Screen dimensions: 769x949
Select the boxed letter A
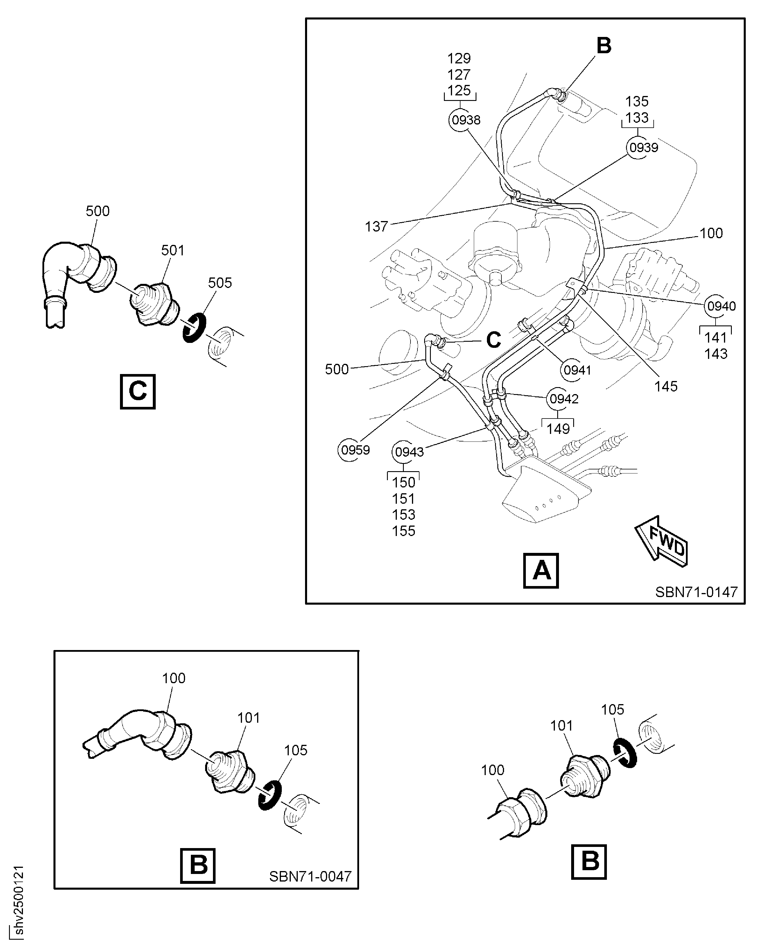541,571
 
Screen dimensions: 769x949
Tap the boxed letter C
138,391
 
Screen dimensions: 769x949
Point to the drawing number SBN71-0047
310,876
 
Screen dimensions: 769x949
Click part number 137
377,227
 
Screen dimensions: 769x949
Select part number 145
666,386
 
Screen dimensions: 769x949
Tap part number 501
172,250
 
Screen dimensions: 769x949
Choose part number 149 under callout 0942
558,429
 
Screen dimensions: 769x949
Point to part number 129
459,58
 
